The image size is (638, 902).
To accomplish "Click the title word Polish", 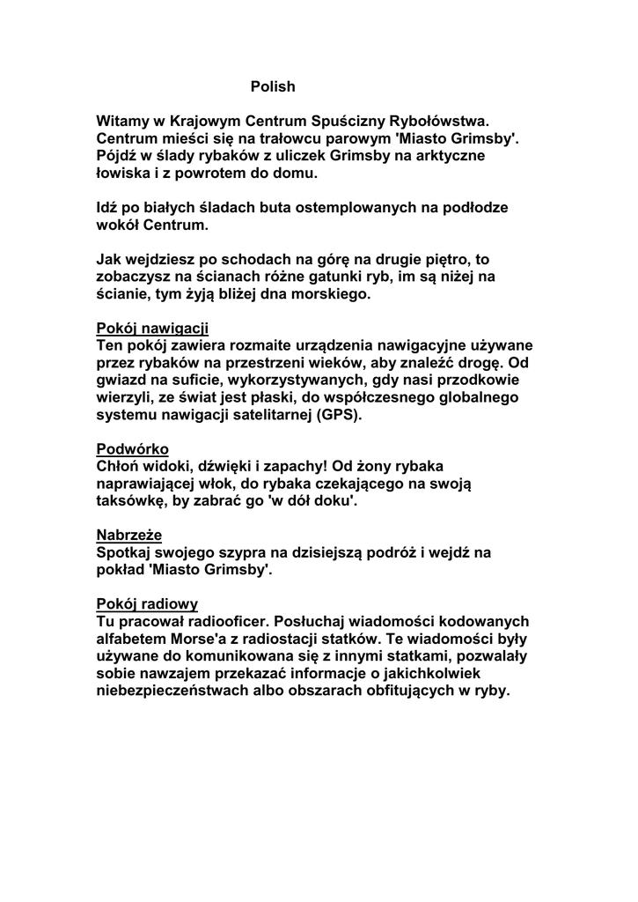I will (273, 86).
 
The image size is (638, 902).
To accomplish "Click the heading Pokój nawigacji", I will (152, 329).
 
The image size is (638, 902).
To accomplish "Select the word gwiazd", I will (122, 381).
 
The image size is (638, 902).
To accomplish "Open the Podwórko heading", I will (132, 449).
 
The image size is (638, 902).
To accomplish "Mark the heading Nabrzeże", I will (128, 535).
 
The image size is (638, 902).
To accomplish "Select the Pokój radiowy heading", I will (147, 604).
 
